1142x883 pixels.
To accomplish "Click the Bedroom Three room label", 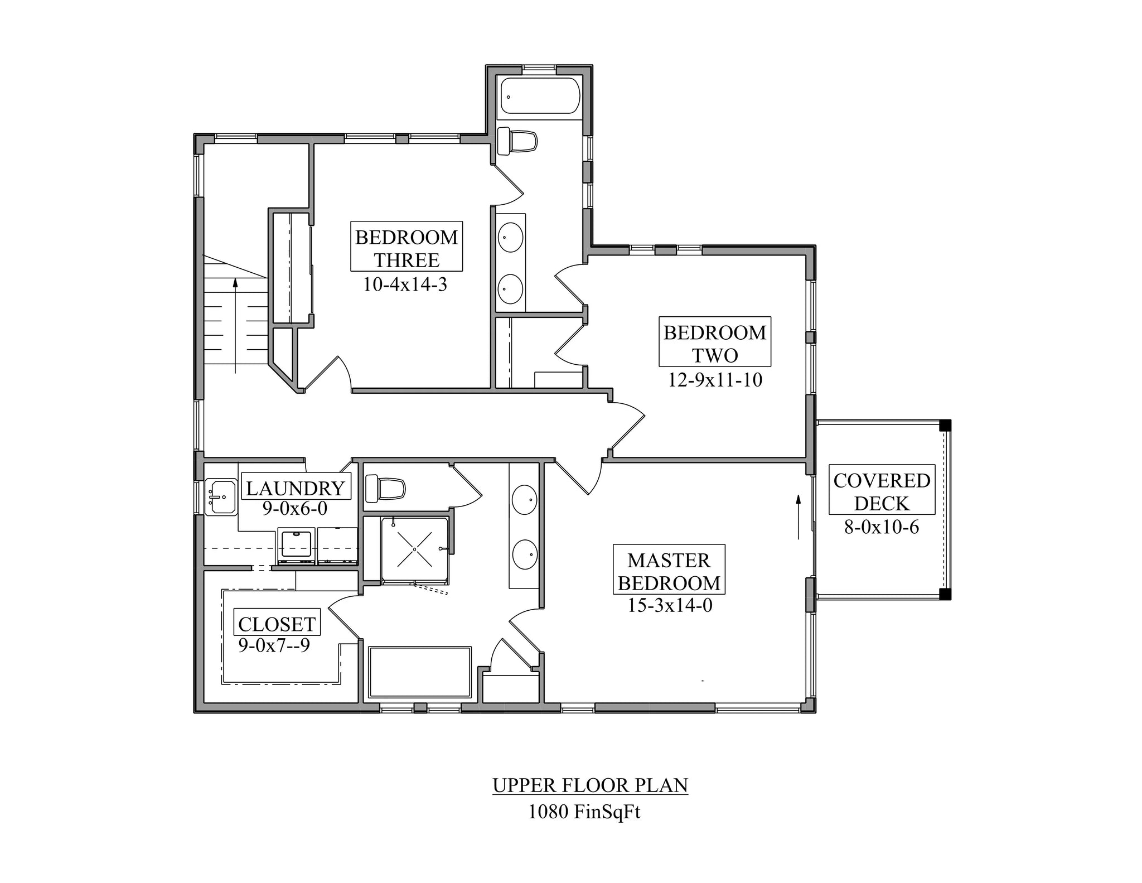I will [407, 248].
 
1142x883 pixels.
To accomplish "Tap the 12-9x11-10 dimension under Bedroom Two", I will [715, 380].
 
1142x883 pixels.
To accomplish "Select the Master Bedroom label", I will [669, 572].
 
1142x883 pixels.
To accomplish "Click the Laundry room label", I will [296, 488].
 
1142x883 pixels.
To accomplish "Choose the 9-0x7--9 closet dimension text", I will [274, 645].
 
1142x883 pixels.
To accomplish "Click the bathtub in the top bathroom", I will [540, 96].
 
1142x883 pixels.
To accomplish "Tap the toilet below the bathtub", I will [517, 141].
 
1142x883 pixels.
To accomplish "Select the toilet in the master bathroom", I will [385, 489].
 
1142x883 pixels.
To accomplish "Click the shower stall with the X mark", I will [415, 549].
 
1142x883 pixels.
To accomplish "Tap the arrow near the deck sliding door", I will [799, 516].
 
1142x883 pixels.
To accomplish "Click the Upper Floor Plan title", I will [590, 785].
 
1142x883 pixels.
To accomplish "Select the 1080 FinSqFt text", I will [584, 812].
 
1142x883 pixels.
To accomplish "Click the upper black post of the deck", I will [945, 426].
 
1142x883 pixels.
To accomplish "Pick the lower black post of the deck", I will [945, 594].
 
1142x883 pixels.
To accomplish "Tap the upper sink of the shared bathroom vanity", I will [510, 237].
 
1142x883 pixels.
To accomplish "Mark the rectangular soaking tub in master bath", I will [419, 672].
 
